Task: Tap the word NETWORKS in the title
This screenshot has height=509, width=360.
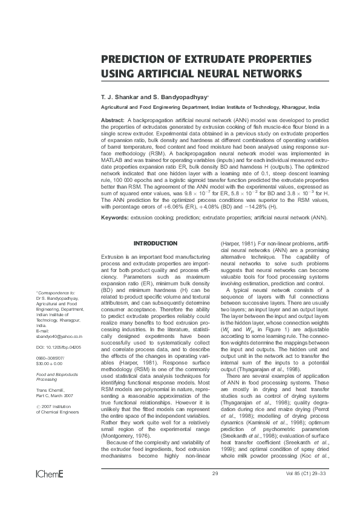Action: pyautogui.click(x=269, y=73)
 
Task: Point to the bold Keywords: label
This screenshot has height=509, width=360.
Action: pyautogui.click(x=115, y=216)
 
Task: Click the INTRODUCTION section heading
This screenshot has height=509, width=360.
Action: pyautogui.click(x=155, y=244)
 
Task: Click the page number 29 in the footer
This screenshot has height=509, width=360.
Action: pyautogui.click(x=215, y=489)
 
